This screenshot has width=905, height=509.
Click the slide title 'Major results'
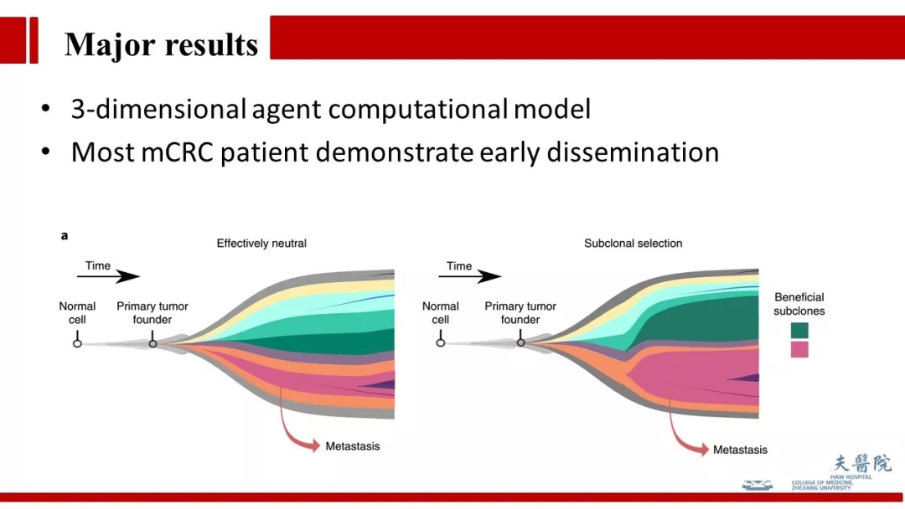point(161,44)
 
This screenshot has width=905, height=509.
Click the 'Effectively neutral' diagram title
point(261,244)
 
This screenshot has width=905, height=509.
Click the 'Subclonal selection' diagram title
point(633,244)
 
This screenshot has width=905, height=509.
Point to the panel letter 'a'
point(65,236)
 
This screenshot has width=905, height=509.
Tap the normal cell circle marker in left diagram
point(77,343)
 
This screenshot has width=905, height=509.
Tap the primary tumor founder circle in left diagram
point(153,343)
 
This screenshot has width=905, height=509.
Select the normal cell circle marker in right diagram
point(441,343)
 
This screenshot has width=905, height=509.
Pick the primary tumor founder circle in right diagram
point(520,342)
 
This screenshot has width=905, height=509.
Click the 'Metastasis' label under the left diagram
point(352,446)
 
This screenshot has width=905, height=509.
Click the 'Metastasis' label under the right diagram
point(740,450)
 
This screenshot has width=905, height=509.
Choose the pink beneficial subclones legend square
point(799,349)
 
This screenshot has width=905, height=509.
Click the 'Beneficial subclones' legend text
point(799,304)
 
